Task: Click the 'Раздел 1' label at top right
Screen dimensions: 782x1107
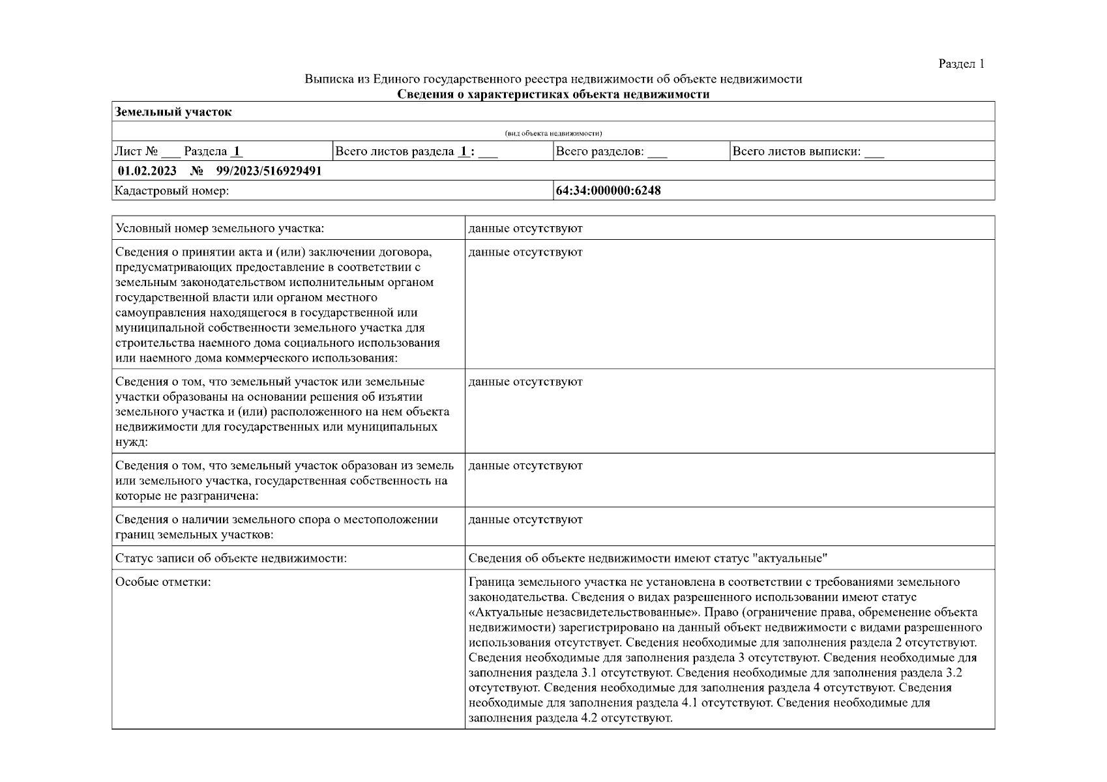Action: [x=961, y=64]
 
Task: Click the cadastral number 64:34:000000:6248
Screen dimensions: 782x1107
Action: [x=608, y=191]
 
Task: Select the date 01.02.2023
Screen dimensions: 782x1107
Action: [x=147, y=171]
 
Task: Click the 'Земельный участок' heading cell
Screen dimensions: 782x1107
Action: [x=173, y=112]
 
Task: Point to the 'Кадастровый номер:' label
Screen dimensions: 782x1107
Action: [x=171, y=191]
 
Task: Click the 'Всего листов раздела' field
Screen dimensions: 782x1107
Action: [x=415, y=152]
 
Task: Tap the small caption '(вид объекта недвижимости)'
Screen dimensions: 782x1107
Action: [x=553, y=134]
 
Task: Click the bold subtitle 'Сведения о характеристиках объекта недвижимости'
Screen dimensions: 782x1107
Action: [x=553, y=94]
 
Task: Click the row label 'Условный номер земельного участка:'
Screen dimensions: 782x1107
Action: [x=220, y=229]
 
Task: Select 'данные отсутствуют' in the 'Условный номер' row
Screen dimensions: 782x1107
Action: [x=525, y=229]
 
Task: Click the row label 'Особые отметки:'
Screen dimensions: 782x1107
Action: [x=163, y=582]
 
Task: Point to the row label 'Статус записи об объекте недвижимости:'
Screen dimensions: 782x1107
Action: [x=231, y=558]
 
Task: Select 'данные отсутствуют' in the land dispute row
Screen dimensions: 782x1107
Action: [x=525, y=520]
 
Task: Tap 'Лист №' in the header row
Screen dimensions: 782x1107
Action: [x=136, y=152]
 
